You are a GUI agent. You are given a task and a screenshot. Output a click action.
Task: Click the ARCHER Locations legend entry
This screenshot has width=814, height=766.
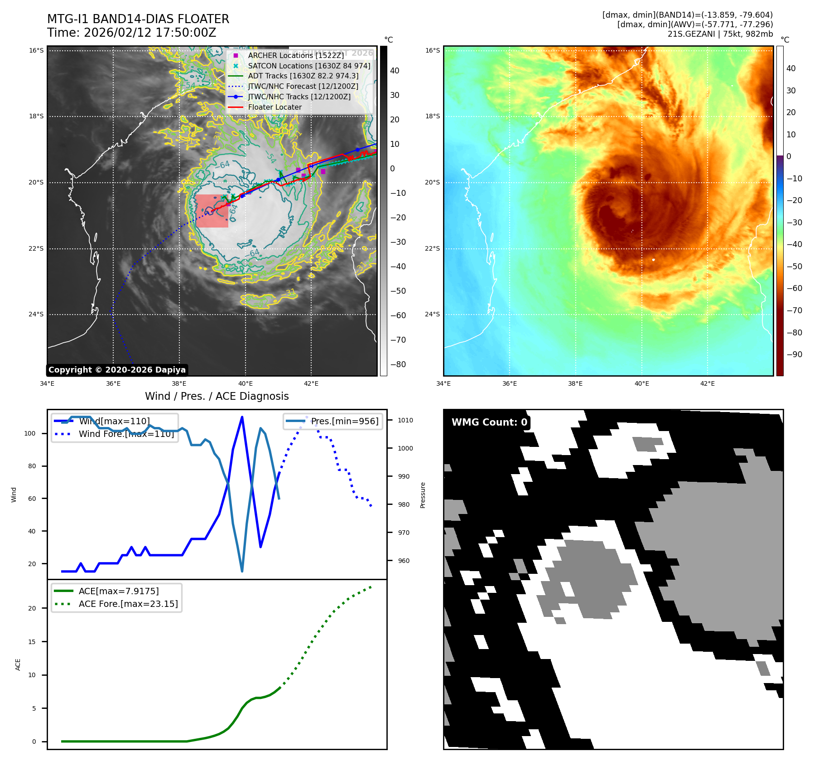[296, 55]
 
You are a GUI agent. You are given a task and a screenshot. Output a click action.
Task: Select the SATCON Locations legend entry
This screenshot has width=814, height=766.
[309, 66]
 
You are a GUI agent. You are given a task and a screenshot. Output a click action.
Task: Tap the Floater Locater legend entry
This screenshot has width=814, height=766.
[275, 107]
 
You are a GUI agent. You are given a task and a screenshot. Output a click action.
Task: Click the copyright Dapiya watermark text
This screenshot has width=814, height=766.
[117, 370]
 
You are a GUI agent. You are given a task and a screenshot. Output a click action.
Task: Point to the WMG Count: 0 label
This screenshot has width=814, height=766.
[489, 422]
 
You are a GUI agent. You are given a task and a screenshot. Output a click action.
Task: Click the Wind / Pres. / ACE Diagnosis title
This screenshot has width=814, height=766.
[217, 396]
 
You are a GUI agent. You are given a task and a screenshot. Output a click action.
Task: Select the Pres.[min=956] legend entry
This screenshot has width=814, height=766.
[344, 421]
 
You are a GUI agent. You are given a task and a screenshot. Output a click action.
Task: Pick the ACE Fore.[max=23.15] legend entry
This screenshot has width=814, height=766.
[128, 604]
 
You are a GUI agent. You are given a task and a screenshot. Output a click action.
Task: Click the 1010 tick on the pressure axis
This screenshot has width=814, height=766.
[405, 420]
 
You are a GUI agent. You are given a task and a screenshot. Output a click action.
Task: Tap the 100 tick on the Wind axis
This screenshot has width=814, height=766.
[30, 433]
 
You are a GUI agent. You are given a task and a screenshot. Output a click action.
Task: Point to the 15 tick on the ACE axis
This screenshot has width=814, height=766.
[32, 642]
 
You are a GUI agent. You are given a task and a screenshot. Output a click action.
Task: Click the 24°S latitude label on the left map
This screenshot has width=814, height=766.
[36, 314]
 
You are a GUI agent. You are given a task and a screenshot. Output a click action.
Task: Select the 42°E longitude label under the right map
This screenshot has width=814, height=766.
[708, 383]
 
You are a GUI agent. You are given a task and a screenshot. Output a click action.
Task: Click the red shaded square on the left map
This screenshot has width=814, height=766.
[212, 211]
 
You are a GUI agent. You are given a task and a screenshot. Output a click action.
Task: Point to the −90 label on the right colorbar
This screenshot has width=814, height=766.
[795, 354]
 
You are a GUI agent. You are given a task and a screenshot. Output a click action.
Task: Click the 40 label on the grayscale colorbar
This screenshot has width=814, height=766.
[395, 71]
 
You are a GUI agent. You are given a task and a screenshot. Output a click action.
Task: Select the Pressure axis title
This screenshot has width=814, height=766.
[423, 495]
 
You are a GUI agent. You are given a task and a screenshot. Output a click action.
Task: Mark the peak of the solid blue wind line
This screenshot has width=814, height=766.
[242, 417]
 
